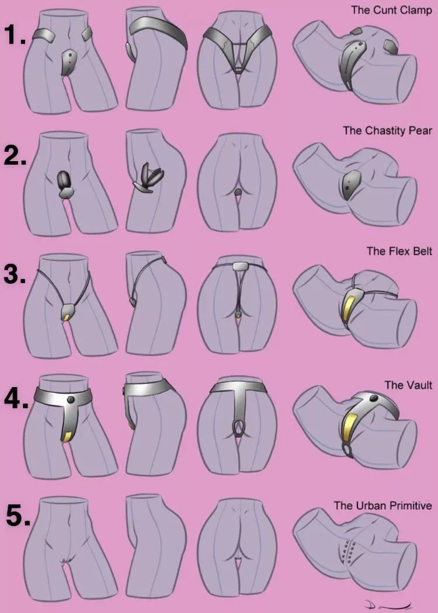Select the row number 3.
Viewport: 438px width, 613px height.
(15, 274)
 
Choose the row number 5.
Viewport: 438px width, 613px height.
(18, 516)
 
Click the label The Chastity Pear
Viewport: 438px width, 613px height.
(387, 130)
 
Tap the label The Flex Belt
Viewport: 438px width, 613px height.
(399, 251)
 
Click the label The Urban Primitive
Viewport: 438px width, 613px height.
(383, 506)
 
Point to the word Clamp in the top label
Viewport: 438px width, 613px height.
(416, 10)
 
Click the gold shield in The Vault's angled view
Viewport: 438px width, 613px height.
(349, 425)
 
